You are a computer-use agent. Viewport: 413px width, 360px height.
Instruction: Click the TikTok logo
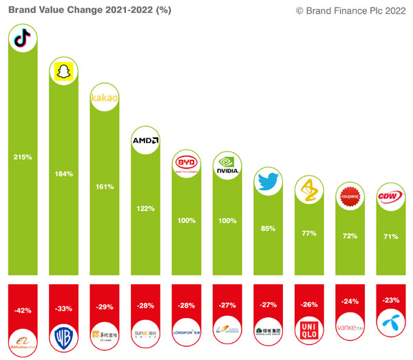23,41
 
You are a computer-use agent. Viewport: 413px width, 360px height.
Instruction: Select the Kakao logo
105,98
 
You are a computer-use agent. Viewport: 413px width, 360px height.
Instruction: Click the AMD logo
145,141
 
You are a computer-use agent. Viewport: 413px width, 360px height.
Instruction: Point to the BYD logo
187,165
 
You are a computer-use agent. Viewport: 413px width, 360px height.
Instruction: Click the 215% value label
23,157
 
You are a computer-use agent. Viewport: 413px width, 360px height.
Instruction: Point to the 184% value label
64,173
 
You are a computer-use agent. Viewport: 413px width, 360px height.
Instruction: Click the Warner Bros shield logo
64,337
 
